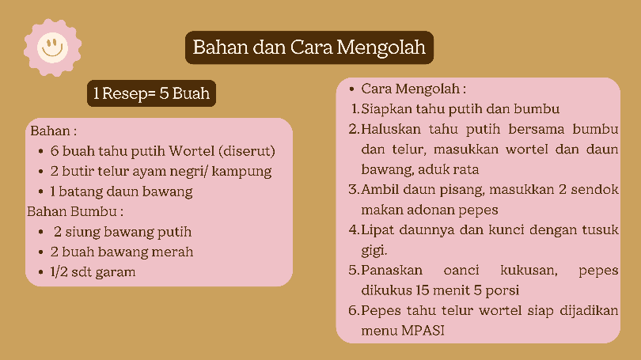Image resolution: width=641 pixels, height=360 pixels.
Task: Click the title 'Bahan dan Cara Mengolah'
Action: (309, 47)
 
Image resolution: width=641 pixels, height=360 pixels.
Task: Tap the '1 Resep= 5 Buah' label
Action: (151, 94)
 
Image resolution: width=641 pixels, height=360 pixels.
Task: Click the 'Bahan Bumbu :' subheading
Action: (75, 211)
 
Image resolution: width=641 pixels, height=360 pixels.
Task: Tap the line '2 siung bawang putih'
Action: (123, 232)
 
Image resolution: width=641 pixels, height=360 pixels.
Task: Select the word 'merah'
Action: (173, 252)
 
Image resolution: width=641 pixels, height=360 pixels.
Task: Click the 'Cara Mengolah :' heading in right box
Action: (413, 89)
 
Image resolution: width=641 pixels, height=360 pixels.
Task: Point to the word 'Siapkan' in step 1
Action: (387, 108)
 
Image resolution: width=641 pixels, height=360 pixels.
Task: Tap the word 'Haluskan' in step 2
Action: (391, 129)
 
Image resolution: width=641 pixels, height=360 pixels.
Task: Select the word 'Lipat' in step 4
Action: (377, 230)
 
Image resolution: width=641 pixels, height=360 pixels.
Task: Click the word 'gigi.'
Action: (374, 251)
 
